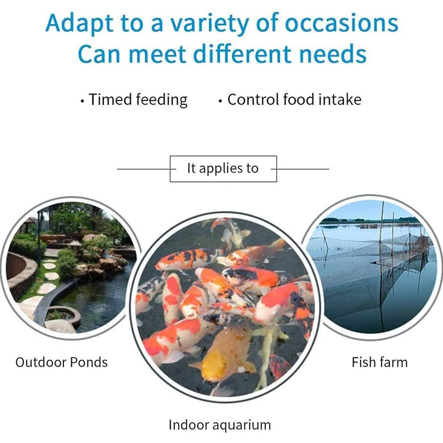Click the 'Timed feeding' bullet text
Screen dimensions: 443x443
point(138,100)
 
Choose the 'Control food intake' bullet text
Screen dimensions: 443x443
point(294,100)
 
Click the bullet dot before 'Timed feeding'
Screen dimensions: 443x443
point(82,101)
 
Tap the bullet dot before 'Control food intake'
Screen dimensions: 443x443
point(220,101)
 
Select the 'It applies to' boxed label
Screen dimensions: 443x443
point(223,168)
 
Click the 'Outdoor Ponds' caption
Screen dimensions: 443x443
point(61,362)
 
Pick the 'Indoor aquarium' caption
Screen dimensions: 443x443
point(220,425)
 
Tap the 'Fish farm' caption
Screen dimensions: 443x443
point(379,362)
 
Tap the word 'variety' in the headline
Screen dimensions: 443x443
point(209,24)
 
